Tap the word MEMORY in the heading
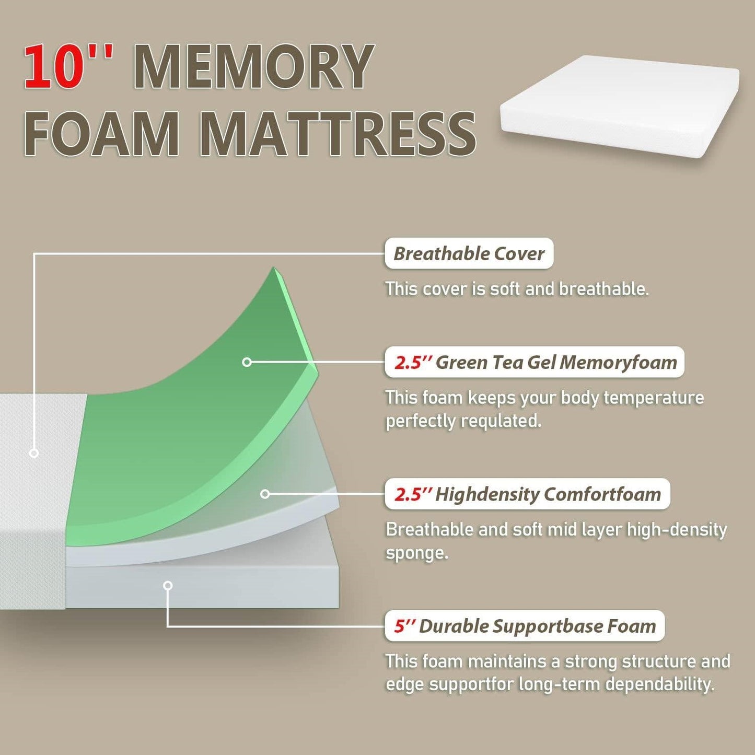tap(254, 67)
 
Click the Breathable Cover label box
tap(469, 254)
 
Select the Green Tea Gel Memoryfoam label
tap(535, 362)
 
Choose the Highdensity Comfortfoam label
tap(527, 494)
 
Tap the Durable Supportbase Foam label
tap(525, 626)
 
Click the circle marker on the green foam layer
tap(247, 362)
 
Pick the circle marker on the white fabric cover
tap(34, 453)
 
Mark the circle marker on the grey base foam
tap(168, 586)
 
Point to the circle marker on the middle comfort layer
tap(265, 494)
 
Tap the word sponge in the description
tap(416, 553)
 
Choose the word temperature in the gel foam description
tap(653, 398)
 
